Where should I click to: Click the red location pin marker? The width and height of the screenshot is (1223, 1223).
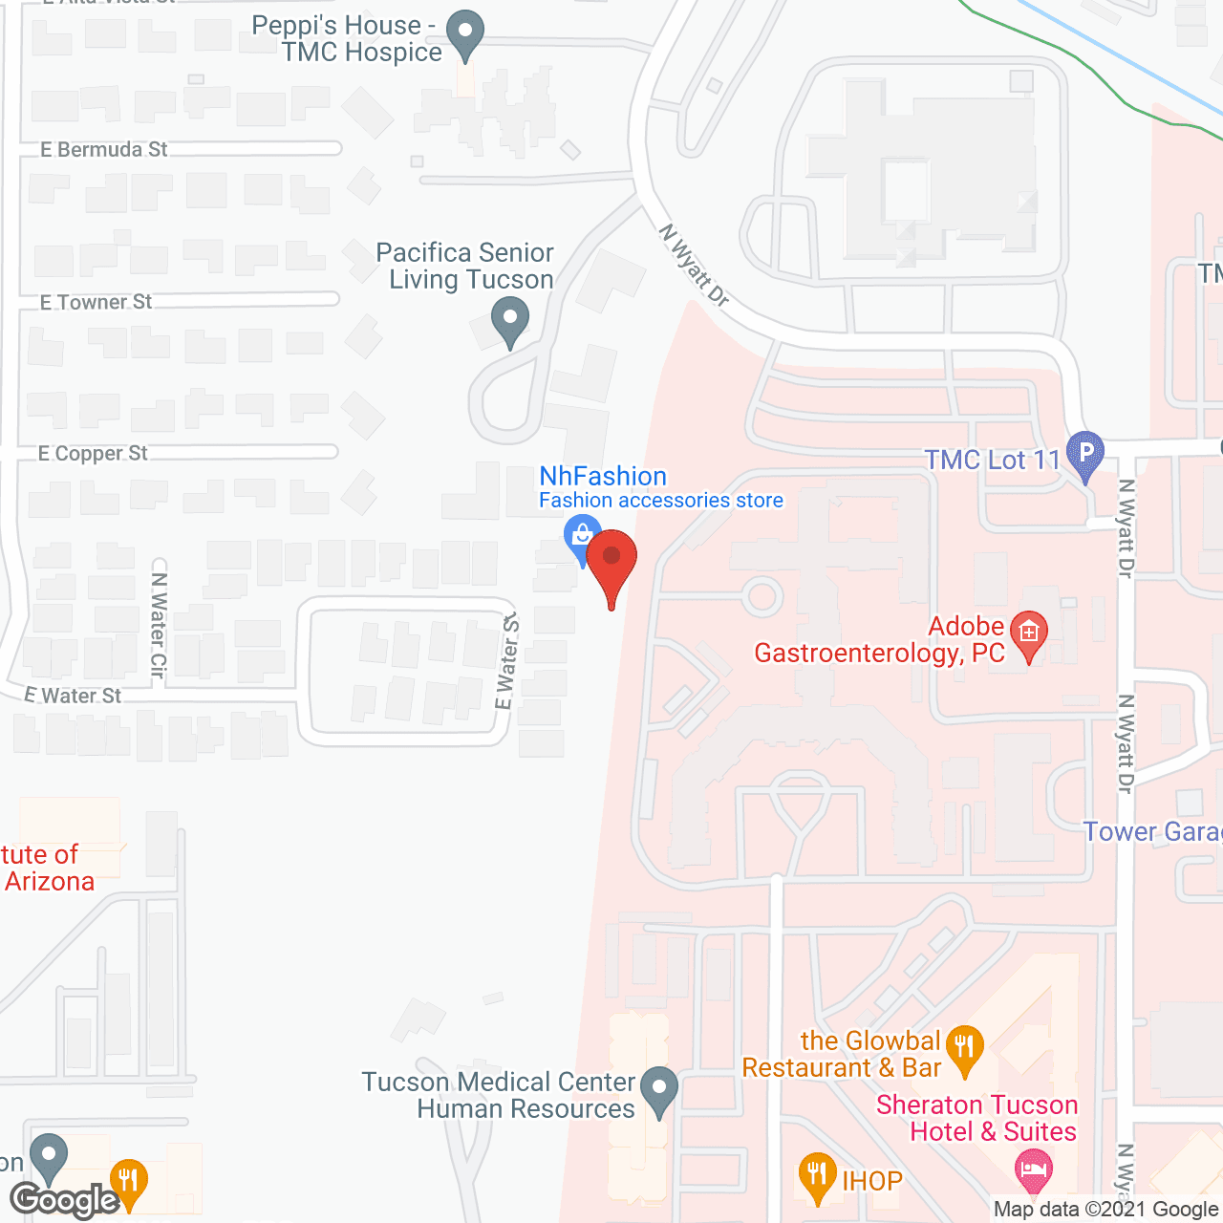pyautogui.click(x=611, y=560)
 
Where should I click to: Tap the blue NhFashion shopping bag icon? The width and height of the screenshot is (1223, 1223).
pyautogui.click(x=582, y=536)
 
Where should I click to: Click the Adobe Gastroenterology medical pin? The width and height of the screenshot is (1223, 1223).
pyautogui.click(x=1029, y=633)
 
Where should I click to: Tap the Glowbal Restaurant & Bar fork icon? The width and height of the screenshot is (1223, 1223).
pyautogui.click(x=966, y=1046)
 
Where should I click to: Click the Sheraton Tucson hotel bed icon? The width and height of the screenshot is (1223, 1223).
pyautogui.click(x=1033, y=1169)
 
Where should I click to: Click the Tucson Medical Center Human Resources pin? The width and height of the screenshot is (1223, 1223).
pyautogui.click(x=658, y=1088)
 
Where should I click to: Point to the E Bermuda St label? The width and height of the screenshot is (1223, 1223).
pyautogui.click(x=104, y=150)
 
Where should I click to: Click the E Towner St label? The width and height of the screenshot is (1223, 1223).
pyautogui.click(x=97, y=303)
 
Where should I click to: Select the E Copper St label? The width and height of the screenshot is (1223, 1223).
pyautogui.click(x=93, y=454)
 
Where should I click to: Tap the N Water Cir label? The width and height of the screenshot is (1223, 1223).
pyautogui.click(x=159, y=625)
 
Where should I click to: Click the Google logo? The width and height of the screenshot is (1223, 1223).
pyautogui.click(x=65, y=1200)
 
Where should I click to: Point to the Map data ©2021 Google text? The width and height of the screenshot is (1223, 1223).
pyautogui.click(x=1105, y=1210)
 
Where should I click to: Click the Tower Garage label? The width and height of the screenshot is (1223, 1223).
pyautogui.click(x=1152, y=832)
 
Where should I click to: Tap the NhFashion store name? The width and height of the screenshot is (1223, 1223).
pyautogui.click(x=603, y=476)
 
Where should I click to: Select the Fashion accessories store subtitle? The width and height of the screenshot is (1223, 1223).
pyautogui.click(x=661, y=501)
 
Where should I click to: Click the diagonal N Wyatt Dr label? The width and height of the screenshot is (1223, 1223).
pyautogui.click(x=695, y=266)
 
